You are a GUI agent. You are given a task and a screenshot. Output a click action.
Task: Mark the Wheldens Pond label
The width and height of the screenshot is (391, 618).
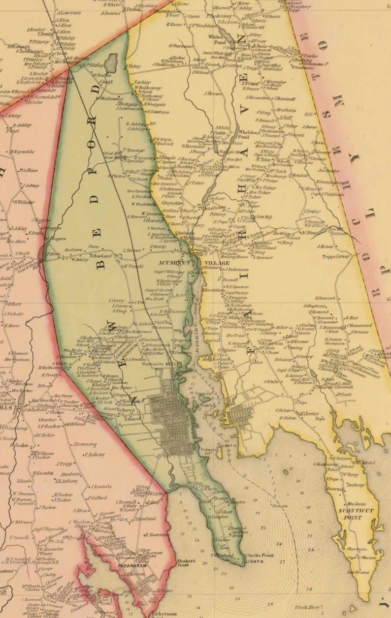250,135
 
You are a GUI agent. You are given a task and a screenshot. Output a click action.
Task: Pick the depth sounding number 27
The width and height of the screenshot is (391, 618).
282,561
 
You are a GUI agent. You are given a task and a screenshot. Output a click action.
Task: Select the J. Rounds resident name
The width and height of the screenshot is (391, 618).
100,487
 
